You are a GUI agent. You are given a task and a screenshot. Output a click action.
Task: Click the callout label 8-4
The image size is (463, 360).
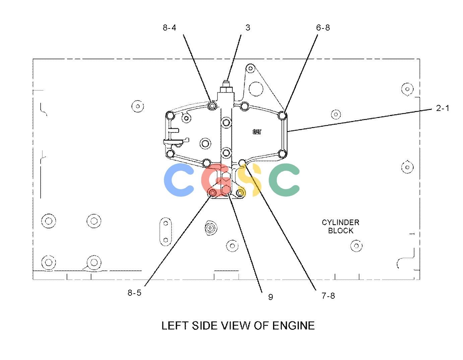point(170,28)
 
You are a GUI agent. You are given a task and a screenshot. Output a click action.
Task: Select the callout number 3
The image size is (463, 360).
point(248,27)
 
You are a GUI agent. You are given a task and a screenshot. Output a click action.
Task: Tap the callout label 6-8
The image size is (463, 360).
point(323,28)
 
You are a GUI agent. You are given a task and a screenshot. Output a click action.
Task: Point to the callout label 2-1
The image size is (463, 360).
point(443,108)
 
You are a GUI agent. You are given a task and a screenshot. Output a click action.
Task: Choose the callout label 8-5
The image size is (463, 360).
point(134,293)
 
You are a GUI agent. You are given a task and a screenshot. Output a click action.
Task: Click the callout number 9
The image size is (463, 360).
point(270,297)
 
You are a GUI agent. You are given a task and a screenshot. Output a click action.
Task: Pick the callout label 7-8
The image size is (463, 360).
point(328,296)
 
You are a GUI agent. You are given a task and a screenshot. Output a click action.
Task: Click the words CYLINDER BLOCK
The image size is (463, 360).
point(340,227)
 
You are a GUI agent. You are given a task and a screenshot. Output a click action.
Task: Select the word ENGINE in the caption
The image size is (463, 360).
point(293,325)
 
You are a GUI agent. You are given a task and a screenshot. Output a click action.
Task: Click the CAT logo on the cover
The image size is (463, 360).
point(257,132)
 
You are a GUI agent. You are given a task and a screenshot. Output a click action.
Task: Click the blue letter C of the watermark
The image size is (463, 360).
point(179,180)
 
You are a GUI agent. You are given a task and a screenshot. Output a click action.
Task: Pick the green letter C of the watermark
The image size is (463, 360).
point(284,180)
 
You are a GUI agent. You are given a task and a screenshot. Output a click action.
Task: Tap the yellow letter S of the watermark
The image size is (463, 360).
point(249,180)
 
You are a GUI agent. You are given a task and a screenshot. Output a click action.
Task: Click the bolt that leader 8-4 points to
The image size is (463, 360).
point(212,105)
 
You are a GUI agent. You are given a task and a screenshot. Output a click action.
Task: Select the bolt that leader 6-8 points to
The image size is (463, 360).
point(282,116)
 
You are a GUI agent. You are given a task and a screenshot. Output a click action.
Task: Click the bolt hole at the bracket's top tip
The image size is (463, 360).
point(250,68)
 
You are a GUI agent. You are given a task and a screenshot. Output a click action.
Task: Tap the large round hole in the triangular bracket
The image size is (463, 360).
point(256,89)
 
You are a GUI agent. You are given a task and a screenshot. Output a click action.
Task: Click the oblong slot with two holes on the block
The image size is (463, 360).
point(166,232)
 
